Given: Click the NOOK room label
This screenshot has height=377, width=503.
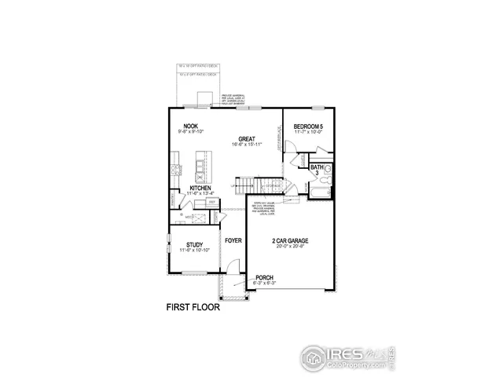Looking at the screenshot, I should coord(190,126).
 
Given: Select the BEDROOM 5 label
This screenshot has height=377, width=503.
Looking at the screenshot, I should coord(309,126).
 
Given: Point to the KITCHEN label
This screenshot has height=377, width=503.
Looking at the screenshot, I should coord(200,188).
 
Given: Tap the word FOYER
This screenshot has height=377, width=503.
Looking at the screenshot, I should coord(233,240).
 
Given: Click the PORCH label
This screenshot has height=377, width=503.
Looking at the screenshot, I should coord(265,278).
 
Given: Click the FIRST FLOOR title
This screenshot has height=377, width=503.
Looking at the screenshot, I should coord(193,308).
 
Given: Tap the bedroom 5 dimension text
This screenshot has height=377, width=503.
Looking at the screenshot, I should coord(309,133).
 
